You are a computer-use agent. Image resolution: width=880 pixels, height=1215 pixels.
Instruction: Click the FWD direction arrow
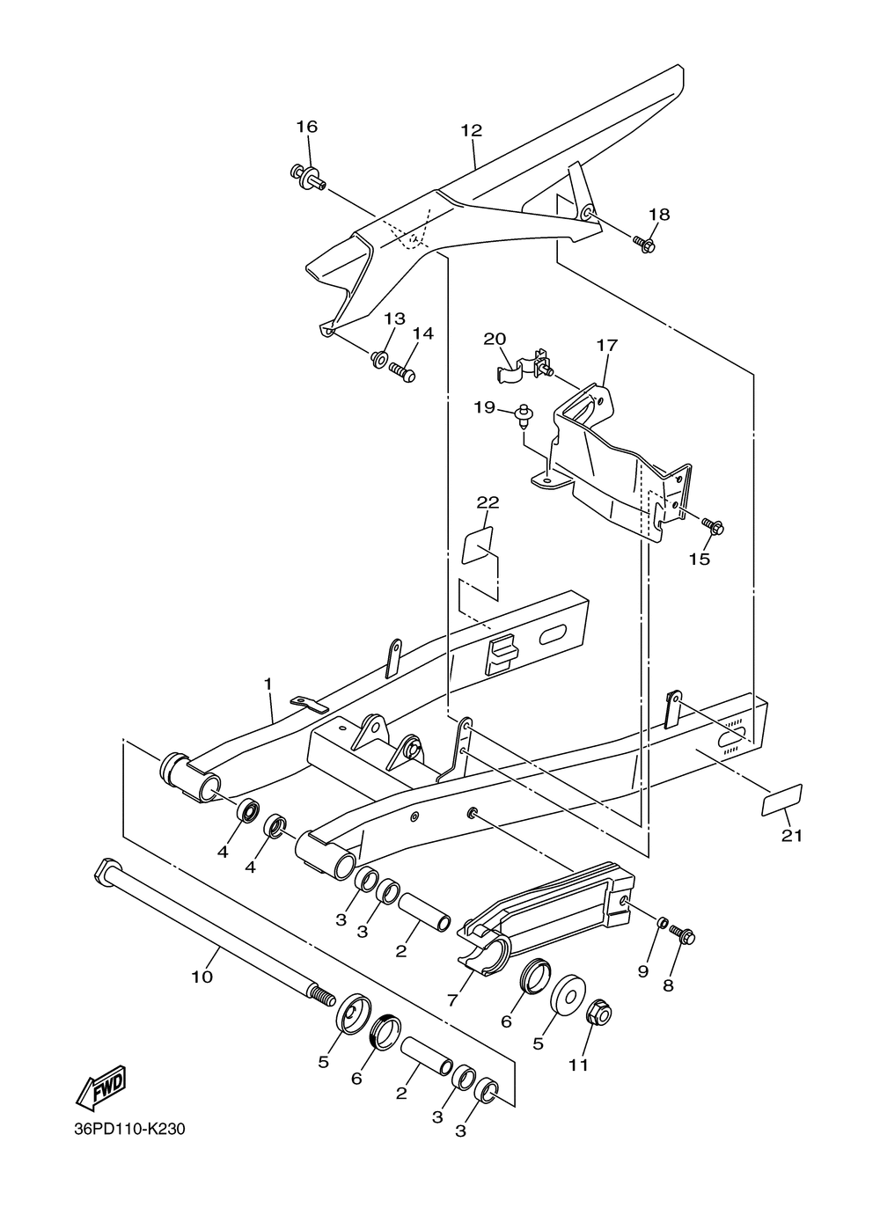tap(101, 1088)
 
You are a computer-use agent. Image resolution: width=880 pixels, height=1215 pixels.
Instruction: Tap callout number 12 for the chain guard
tap(471, 131)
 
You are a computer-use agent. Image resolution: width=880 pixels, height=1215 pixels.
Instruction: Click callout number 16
tap(306, 127)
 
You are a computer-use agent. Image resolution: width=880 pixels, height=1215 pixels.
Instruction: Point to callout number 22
tap(488, 502)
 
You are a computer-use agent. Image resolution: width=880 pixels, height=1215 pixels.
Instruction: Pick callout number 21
tap(792, 836)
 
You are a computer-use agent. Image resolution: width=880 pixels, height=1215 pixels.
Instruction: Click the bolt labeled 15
tap(714, 528)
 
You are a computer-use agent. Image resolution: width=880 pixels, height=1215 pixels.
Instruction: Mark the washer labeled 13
tap(379, 358)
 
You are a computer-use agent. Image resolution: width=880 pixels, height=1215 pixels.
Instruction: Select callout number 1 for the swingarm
tap(268, 684)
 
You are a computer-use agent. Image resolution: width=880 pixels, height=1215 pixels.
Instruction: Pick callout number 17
tap(606, 346)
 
